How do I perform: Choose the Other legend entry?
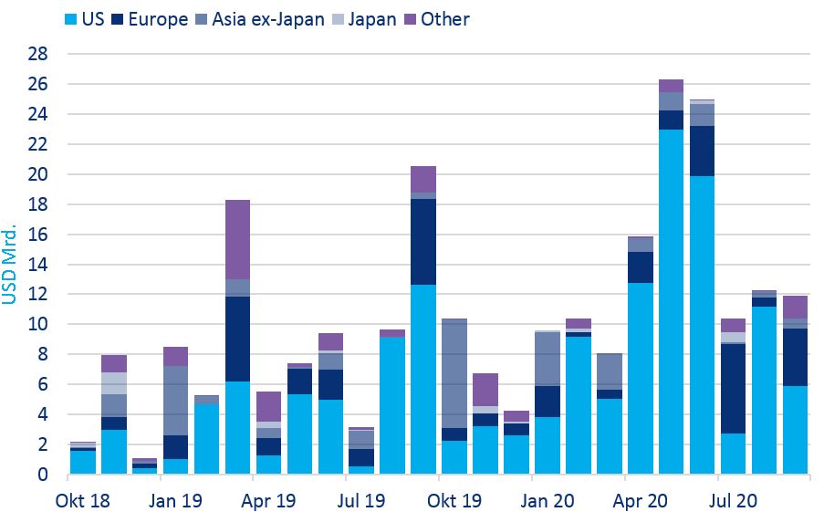click(x=444, y=18)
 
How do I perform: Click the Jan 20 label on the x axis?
click(x=548, y=500)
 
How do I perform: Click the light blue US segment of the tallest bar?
click(x=671, y=301)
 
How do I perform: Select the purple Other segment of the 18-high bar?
click(x=237, y=239)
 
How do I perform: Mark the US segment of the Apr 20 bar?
click(x=640, y=378)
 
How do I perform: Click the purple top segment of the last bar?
click(x=795, y=307)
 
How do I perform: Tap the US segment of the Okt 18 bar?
click(x=83, y=462)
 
